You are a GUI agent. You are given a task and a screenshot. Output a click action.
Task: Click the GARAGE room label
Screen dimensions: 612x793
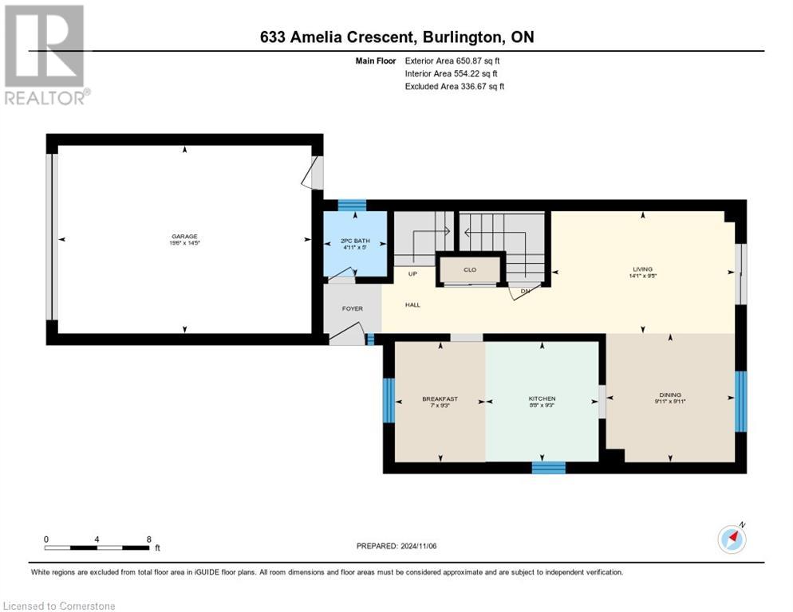tap(183, 236)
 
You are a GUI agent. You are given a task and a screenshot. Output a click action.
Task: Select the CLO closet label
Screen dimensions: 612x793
tap(470, 269)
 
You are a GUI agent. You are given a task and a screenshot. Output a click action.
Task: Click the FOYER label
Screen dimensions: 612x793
tap(352, 308)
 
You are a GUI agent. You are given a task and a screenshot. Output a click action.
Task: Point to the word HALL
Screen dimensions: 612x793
tap(412, 304)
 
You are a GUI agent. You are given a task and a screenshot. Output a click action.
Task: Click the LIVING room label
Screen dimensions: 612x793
tap(643, 269)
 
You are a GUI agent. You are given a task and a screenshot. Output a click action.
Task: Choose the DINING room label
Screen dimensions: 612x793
tap(670, 394)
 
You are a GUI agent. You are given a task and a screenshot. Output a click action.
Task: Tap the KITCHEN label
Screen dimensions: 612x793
tap(542, 398)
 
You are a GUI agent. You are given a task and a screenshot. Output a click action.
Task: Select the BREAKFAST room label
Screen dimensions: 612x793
tap(440, 398)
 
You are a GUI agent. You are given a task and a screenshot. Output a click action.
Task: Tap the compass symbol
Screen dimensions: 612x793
tap(732, 539)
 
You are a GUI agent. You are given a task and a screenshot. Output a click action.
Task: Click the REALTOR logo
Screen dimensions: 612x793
tap(45, 54)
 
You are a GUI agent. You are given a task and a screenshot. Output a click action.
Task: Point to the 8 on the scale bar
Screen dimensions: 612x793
tap(149, 539)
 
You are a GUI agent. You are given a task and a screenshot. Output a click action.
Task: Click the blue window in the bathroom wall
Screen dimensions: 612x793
tap(352, 205)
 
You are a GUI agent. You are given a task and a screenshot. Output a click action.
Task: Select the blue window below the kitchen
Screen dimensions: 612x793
tap(548, 468)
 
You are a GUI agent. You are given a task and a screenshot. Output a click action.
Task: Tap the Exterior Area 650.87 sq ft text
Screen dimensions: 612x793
tap(453, 61)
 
